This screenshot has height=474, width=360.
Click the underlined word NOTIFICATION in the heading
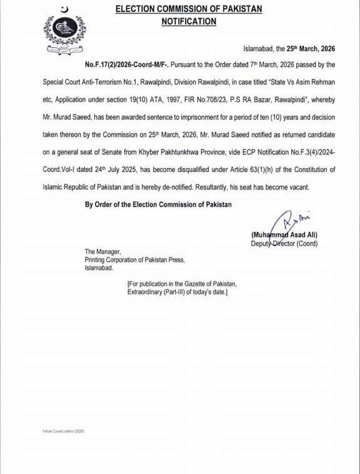coord(189,21)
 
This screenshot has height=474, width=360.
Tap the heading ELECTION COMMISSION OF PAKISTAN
coord(189,9)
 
